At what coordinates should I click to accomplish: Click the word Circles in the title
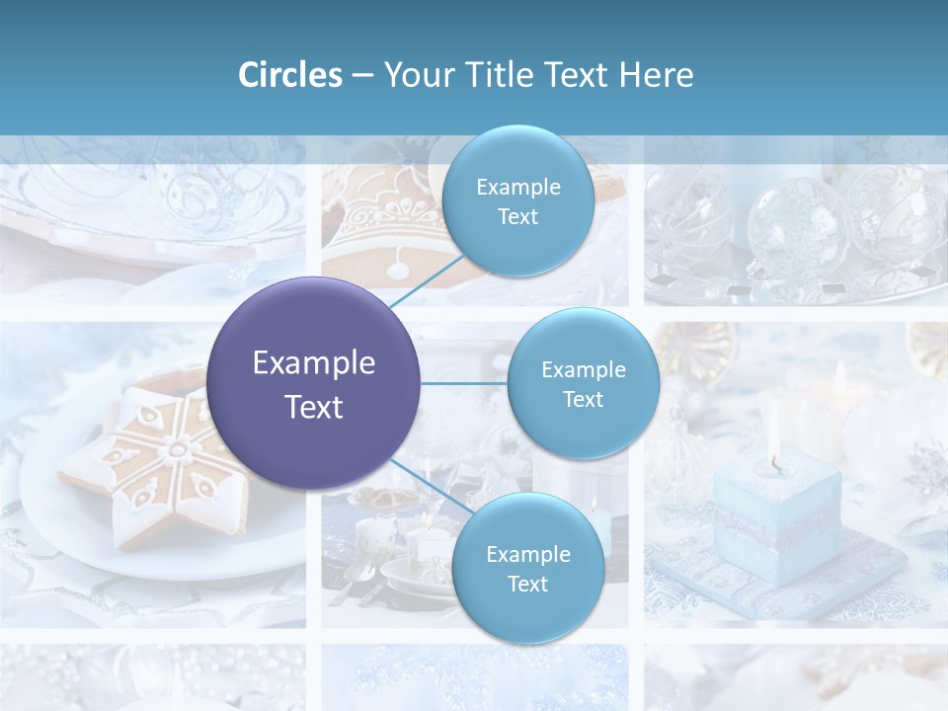click(289, 75)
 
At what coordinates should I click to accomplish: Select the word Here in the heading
click(656, 75)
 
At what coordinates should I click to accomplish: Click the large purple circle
click(313, 383)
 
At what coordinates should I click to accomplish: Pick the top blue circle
click(517, 200)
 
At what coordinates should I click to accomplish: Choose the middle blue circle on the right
click(583, 383)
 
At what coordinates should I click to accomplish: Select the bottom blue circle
click(527, 568)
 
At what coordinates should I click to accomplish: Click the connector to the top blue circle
click(427, 280)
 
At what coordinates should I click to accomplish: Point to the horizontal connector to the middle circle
click(464, 383)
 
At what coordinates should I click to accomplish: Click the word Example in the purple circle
click(313, 363)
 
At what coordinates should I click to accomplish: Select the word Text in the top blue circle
click(517, 216)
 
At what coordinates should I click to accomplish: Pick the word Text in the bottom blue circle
click(527, 584)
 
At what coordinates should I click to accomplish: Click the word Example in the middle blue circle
click(583, 369)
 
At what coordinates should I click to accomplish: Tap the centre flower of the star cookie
click(179, 450)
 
